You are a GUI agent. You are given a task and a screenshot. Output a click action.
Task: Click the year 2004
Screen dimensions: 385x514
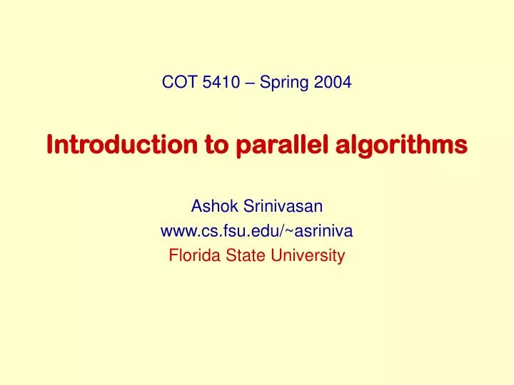332,82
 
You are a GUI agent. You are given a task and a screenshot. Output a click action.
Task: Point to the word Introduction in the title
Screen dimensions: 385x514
121,145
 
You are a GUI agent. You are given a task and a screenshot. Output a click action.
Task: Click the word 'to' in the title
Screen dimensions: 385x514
214,145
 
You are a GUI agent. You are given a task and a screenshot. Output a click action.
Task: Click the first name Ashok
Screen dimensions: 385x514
211,207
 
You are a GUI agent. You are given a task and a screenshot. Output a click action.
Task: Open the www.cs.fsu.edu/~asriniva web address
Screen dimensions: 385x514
257,231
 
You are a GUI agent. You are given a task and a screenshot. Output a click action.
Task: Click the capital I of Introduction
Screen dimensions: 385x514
50,145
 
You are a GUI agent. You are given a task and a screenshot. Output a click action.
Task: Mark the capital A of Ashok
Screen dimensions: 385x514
196,207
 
